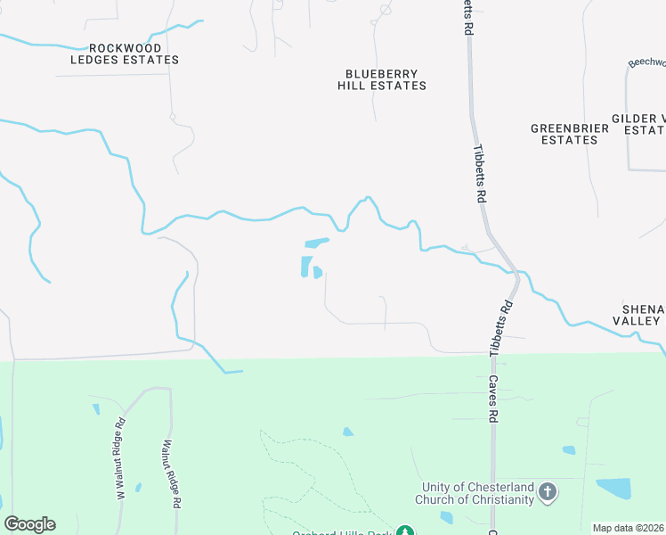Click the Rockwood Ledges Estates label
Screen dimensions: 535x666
click(x=125, y=53)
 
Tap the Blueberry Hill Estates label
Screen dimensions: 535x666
click(x=382, y=80)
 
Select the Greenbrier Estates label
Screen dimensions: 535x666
click(x=570, y=134)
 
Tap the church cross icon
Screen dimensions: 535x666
click(x=548, y=492)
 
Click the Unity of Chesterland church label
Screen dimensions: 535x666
click(x=477, y=492)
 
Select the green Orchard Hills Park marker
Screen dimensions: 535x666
click(x=406, y=531)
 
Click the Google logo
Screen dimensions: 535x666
click(x=29, y=524)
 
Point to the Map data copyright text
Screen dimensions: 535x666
click(x=629, y=528)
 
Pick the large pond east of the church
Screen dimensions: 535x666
click(x=613, y=488)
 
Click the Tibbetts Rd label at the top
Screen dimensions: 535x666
click(x=467, y=16)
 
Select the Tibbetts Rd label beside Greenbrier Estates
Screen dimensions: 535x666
click(x=480, y=174)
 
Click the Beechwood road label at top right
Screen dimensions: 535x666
click(x=647, y=62)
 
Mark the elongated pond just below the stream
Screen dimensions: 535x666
click(x=316, y=242)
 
